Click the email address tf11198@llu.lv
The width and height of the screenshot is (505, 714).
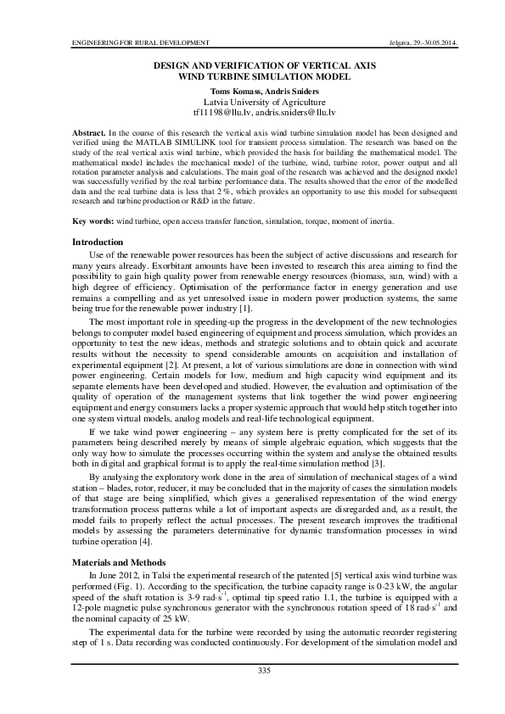[222, 112]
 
